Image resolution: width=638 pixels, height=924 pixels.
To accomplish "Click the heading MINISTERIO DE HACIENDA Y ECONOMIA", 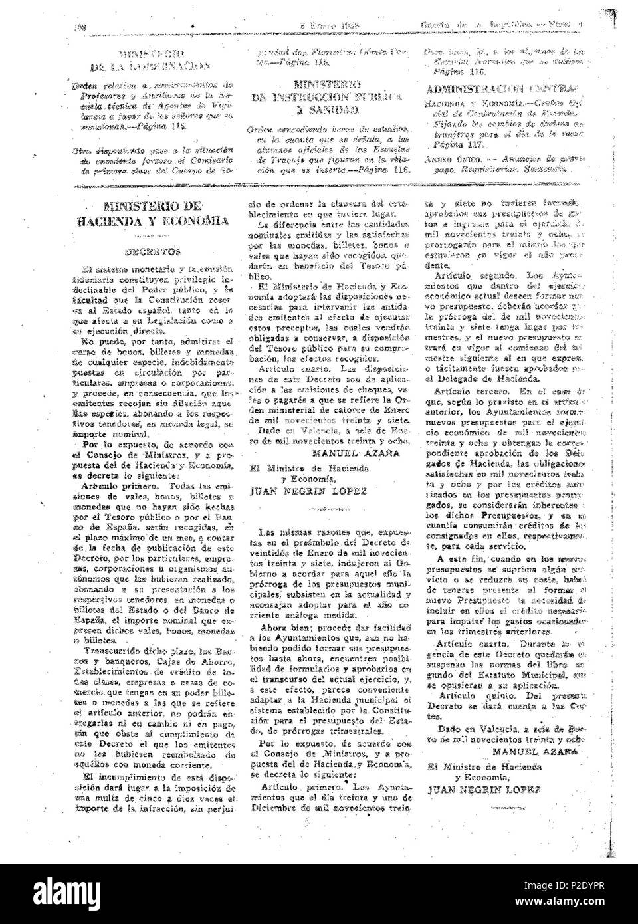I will click(x=159, y=213).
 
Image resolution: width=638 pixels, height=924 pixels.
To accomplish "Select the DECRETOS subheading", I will click(x=160, y=252).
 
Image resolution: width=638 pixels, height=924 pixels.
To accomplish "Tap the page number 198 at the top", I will click(x=82, y=27).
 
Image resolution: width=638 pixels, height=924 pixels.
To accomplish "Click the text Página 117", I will click(x=452, y=144).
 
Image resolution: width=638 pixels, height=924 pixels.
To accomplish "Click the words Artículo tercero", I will click(x=465, y=392).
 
